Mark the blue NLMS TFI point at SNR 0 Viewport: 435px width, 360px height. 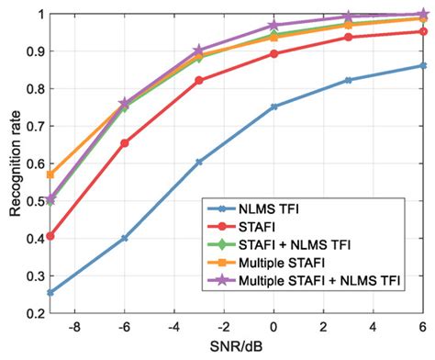273,107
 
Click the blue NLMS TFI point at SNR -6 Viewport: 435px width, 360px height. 124,238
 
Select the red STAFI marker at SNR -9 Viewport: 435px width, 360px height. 50,236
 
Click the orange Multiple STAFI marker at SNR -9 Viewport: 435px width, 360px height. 50,174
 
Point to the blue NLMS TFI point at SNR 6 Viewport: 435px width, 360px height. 423,65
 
